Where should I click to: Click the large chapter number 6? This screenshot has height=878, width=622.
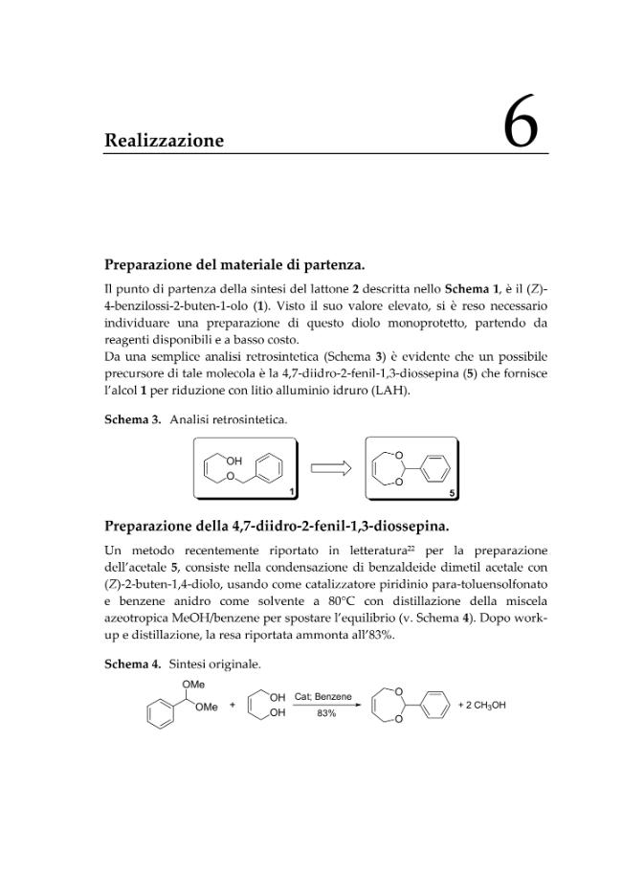tap(521, 124)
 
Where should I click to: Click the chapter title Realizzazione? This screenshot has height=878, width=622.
tap(164, 141)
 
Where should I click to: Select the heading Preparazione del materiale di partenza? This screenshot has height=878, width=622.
tap(234, 264)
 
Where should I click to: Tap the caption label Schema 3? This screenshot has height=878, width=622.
tap(132, 419)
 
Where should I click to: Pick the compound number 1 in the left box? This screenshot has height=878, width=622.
tap(293, 491)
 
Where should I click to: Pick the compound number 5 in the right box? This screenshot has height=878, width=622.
tap(453, 492)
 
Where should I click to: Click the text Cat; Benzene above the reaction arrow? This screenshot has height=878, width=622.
tap(322, 696)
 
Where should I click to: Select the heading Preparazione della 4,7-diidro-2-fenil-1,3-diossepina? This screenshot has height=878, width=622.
tap(277, 526)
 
